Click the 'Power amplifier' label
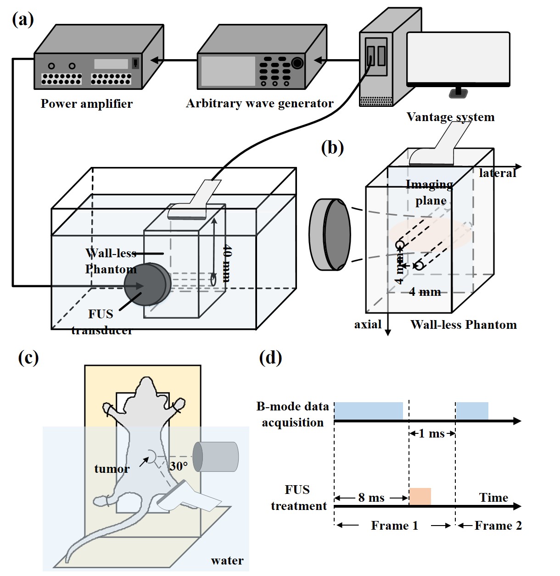pos(86,104)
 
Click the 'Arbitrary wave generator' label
pos(259,103)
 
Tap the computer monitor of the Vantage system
pos(458,57)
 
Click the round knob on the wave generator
pos(297,63)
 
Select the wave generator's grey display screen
pos(228,71)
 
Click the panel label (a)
pos(23,19)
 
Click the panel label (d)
pos(270,358)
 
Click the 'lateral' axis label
pos(497,173)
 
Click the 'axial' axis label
pos(368,325)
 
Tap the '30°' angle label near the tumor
pos(179,466)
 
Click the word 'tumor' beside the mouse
pos(112,469)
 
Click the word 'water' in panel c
pos(227,560)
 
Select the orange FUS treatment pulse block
pos(420,497)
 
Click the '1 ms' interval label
pos(431,433)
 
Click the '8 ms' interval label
pos(371,498)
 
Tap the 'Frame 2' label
pos(498,526)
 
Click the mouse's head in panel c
pos(146,388)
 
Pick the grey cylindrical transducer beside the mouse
pos(216,457)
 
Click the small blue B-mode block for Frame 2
pos(472,410)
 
